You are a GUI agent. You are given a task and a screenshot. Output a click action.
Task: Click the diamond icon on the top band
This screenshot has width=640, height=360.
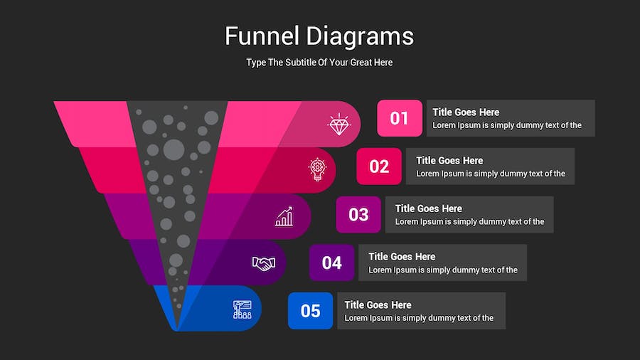(x=338, y=124)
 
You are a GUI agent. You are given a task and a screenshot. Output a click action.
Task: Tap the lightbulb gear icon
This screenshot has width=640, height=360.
(x=317, y=169)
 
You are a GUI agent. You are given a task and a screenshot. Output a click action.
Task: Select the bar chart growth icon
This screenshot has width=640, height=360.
(x=284, y=216)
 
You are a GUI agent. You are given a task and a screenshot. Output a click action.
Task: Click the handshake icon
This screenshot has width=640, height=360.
(x=264, y=263)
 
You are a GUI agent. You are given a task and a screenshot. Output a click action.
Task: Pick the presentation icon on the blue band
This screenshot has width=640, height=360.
(x=242, y=309)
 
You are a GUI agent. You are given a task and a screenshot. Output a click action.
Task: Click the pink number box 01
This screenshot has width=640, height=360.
(x=400, y=118)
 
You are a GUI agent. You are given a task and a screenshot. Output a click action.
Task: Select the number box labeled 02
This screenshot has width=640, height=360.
(x=379, y=166)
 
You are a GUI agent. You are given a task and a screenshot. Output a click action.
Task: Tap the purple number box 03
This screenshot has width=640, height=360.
(x=358, y=214)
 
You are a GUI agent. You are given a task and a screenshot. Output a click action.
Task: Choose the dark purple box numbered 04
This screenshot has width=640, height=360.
(x=331, y=263)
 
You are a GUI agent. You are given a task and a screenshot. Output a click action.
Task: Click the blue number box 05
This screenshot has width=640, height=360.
(x=310, y=311)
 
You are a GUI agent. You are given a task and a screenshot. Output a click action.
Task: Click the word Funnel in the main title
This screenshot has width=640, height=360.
(x=262, y=36)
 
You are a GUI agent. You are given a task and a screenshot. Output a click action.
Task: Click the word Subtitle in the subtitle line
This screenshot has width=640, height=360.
(x=300, y=63)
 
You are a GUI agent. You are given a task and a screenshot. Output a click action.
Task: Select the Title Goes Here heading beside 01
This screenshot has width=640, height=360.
(x=466, y=112)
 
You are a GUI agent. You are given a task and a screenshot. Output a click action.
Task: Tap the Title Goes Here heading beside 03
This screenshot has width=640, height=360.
(x=429, y=208)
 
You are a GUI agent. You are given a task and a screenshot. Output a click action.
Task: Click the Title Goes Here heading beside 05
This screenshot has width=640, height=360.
(x=378, y=305)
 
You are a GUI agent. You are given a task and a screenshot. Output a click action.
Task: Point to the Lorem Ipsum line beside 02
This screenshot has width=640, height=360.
(x=491, y=174)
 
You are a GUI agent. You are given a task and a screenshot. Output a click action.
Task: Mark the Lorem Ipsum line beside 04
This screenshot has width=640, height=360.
(x=443, y=270)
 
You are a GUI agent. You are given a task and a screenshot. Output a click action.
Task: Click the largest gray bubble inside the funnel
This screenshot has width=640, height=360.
(x=174, y=149)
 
